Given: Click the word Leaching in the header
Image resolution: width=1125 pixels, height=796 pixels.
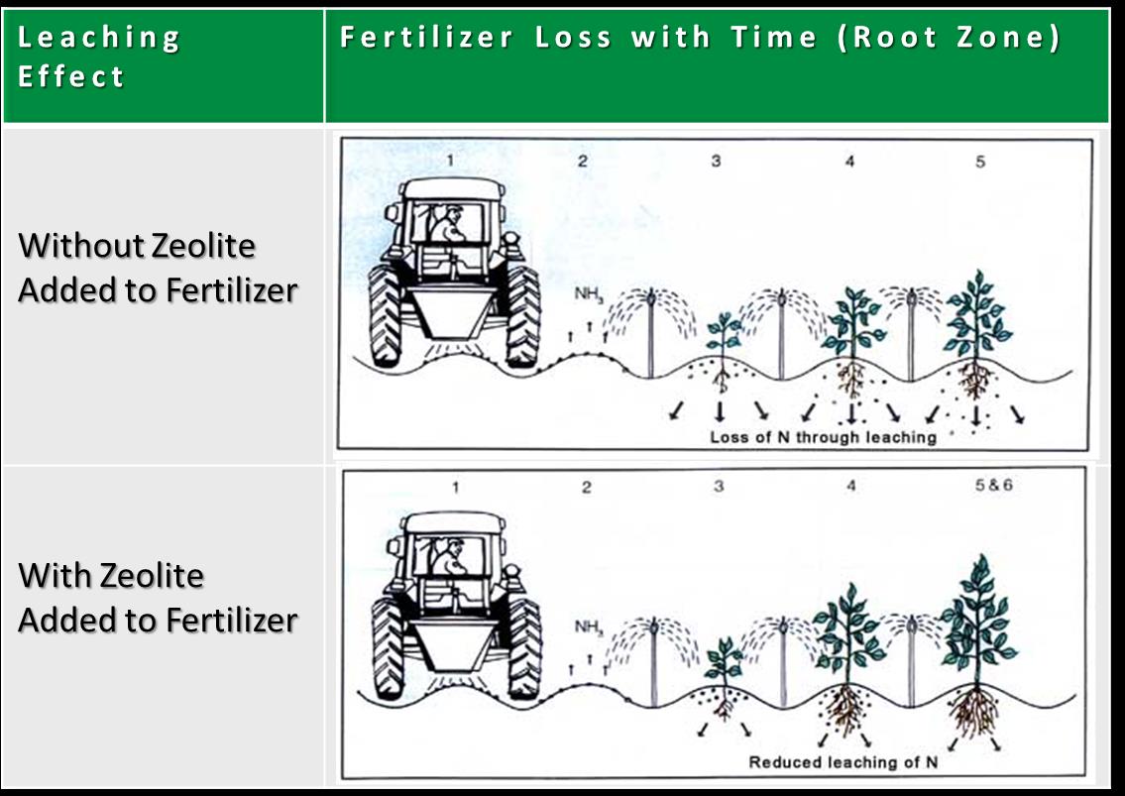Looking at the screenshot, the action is pos(98,38).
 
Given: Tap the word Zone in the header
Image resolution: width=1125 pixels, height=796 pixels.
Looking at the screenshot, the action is pos(1008,37).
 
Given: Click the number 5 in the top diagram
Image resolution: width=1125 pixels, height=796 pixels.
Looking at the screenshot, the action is pos(980,162).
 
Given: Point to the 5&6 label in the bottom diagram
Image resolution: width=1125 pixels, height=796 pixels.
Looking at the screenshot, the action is pos(994,485).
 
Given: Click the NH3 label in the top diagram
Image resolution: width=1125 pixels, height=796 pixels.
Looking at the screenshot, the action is pos(589,294).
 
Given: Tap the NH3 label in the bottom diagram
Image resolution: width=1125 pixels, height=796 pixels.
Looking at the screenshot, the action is pos(589,627).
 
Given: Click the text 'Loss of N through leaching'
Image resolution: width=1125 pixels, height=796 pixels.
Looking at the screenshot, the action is pos(823,437).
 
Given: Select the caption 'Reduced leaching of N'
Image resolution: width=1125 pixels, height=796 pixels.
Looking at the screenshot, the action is pos(844,762).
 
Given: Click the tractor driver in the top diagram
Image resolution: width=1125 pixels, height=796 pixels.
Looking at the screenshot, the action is pos(448,225).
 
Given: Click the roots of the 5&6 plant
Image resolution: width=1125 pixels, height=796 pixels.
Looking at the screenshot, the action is pos(974,711).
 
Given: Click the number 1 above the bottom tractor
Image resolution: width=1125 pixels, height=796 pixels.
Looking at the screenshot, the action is pos(455,488).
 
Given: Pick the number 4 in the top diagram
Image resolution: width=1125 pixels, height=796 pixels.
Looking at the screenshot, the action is pos(849,161).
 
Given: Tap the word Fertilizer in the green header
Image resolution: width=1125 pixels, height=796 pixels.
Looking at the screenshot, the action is pos(426,37).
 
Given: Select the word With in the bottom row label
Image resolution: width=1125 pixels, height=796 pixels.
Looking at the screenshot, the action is pos(55,576).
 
